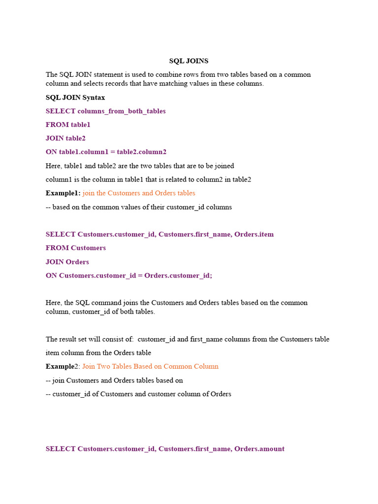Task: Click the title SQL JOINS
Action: (x=189, y=61)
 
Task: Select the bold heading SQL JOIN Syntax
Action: (x=75, y=97)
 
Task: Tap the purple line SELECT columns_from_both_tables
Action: (x=105, y=111)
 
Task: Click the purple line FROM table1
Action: (x=68, y=125)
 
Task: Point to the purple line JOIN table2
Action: (x=65, y=138)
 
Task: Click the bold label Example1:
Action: (x=63, y=193)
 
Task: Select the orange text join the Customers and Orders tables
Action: (x=139, y=193)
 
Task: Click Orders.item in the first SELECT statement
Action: (x=254, y=234)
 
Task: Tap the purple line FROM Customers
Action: (x=76, y=248)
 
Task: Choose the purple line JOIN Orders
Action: (x=67, y=262)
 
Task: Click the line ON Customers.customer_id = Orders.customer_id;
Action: (x=129, y=276)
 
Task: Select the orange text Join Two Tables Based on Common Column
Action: (x=150, y=366)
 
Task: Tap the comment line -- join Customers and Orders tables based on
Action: (x=114, y=380)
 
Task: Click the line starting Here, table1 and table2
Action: (x=140, y=166)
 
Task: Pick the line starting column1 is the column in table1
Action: (x=148, y=180)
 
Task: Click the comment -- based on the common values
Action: (x=139, y=207)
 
